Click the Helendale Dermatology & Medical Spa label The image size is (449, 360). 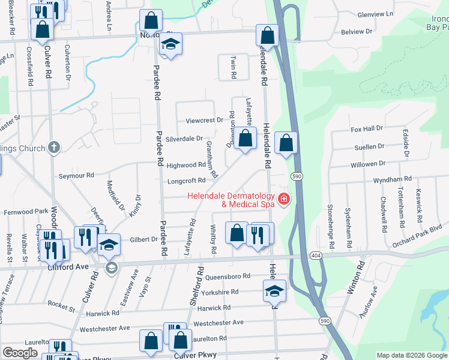(231, 200)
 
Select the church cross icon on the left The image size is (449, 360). (54, 147)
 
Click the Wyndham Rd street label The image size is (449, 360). (391, 179)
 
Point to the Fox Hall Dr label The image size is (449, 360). (367, 128)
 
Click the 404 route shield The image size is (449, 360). (315, 256)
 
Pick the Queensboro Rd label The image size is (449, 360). (228, 277)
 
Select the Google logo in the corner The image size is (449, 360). (20, 353)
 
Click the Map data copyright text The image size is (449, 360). (411, 355)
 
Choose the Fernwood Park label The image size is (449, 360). (26, 212)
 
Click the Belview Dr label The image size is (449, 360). (357, 31)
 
